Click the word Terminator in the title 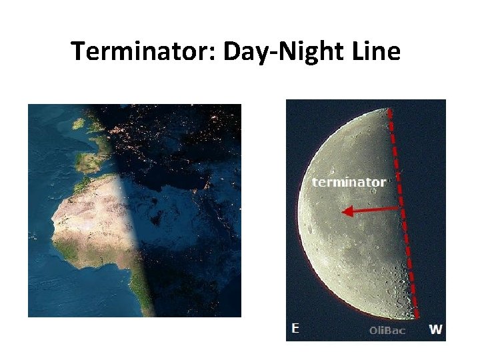pos(140,51)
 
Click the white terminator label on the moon pos(349,181)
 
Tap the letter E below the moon pos(295,328)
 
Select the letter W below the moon pos(435,329)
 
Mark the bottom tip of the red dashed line pos(417,317)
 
